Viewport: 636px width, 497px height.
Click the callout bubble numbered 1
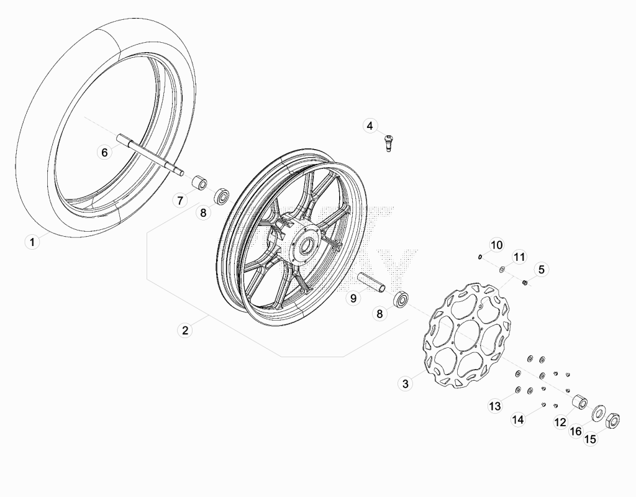32,242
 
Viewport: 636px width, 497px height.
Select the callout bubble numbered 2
185,331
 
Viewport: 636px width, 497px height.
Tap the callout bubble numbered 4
370,125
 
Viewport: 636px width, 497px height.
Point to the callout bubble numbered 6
104,153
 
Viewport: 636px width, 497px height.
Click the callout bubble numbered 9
353,298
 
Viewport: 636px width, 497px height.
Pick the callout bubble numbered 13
495,406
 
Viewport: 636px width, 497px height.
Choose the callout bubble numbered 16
576,431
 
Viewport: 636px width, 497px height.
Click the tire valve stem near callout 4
389,144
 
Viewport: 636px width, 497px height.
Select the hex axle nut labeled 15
613,419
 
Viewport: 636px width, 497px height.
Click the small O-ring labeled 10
480,257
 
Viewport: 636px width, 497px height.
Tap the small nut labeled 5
524,283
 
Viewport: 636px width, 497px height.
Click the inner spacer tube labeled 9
371,282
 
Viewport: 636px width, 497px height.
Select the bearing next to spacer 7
222,197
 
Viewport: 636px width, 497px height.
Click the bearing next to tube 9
402,299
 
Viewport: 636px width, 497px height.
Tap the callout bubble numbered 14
518,419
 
